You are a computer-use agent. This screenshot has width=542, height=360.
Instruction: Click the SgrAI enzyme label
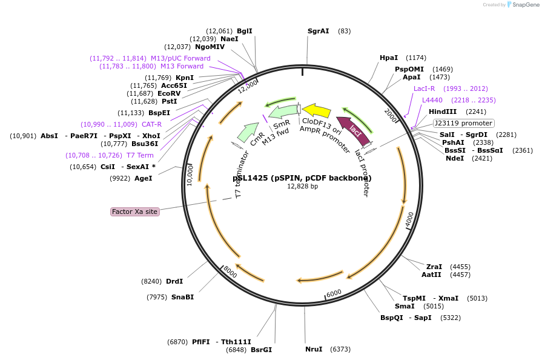click(x=318, y=31)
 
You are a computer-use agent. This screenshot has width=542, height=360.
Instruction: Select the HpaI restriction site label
click(x=388, y=58)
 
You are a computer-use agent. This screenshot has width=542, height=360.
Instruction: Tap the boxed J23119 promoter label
click(x=463, y=123)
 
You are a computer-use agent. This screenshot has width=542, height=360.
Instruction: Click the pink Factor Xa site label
click(x=134, y=212)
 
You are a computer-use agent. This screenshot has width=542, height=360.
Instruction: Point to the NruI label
click(x=314, y=349)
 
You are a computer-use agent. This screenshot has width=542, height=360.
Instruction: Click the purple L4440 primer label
click(x=432, y=100)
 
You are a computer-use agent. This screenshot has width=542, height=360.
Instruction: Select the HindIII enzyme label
click(x=443, y=112)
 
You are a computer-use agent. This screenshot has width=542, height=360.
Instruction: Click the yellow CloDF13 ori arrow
click(x=316, y=110)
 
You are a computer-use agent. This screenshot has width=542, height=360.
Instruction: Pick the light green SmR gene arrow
click(x=283, y=112)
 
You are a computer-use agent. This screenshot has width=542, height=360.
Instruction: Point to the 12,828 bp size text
click(x=302, y=187)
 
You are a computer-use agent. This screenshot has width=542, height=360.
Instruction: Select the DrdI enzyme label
click(x=174, y=281)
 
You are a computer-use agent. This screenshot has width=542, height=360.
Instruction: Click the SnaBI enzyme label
click(x=182, y=297)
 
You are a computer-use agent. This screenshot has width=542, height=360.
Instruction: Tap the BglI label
click(x=245, y=31)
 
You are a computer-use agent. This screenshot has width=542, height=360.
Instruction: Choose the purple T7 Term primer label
click(x=140, y=155)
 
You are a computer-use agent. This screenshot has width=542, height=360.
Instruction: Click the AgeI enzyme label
click(x=144, y=178)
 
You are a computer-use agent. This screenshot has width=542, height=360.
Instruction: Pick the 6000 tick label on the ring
click(x=334, y=293)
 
